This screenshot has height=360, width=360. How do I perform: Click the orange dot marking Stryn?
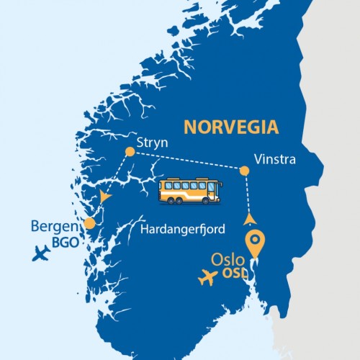coord(130,151)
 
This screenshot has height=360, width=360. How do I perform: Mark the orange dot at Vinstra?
coord(245,171)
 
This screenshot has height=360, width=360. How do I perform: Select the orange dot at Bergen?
coord(89,223)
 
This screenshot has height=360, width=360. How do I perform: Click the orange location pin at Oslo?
coord(253,243)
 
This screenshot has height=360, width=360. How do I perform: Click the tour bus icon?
coord(190,190)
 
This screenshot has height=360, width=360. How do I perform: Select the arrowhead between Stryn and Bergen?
coord(107,195)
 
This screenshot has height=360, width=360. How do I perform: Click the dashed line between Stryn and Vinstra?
coord(187,161)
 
